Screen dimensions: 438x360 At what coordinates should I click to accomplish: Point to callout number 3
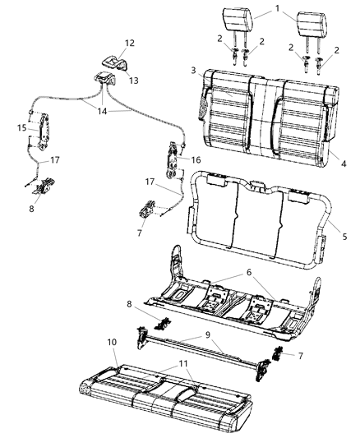(192, 71)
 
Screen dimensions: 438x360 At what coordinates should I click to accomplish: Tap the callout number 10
(111, 341)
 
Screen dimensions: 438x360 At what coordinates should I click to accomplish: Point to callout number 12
(131, 43)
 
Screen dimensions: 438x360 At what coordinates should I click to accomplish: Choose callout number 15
(22, 127)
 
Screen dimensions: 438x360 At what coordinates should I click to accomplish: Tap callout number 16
(196, 159)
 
